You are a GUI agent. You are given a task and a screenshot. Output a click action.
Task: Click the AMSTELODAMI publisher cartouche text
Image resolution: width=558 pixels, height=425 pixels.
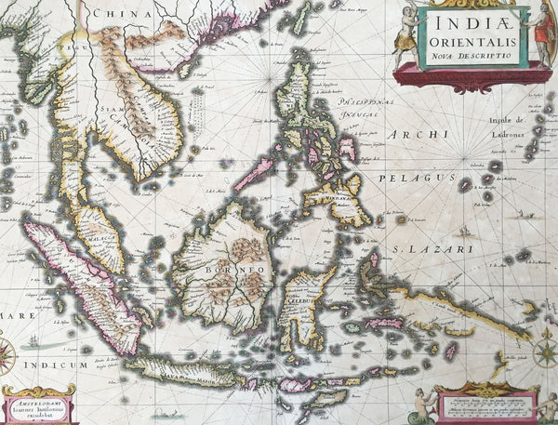[38, 404]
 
